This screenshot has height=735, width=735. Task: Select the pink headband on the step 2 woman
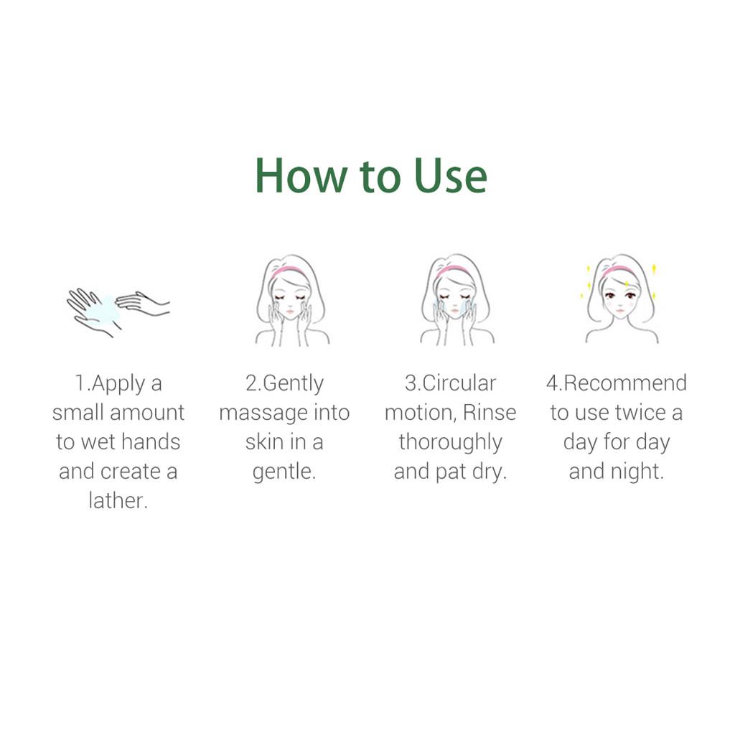click(x=289, y=271)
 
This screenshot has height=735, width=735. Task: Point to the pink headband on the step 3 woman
click(x=454, y=271)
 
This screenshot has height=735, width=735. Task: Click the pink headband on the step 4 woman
click(x=619, y=271)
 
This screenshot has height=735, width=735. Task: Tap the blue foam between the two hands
click(x=108, y=304)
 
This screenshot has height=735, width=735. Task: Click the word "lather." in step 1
click(x=118, y=501)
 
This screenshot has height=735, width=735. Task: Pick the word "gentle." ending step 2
click(x=284, y=472)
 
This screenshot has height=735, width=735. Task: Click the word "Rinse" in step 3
click(x=490, y=413)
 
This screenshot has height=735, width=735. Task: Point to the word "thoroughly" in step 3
click(x=450, y=442)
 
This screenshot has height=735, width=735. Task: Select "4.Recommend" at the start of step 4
click(x=616, y=383)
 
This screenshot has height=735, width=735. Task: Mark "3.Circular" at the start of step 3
click(x=450, y=383)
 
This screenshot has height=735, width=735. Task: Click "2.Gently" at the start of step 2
click(x=284, y=384)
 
